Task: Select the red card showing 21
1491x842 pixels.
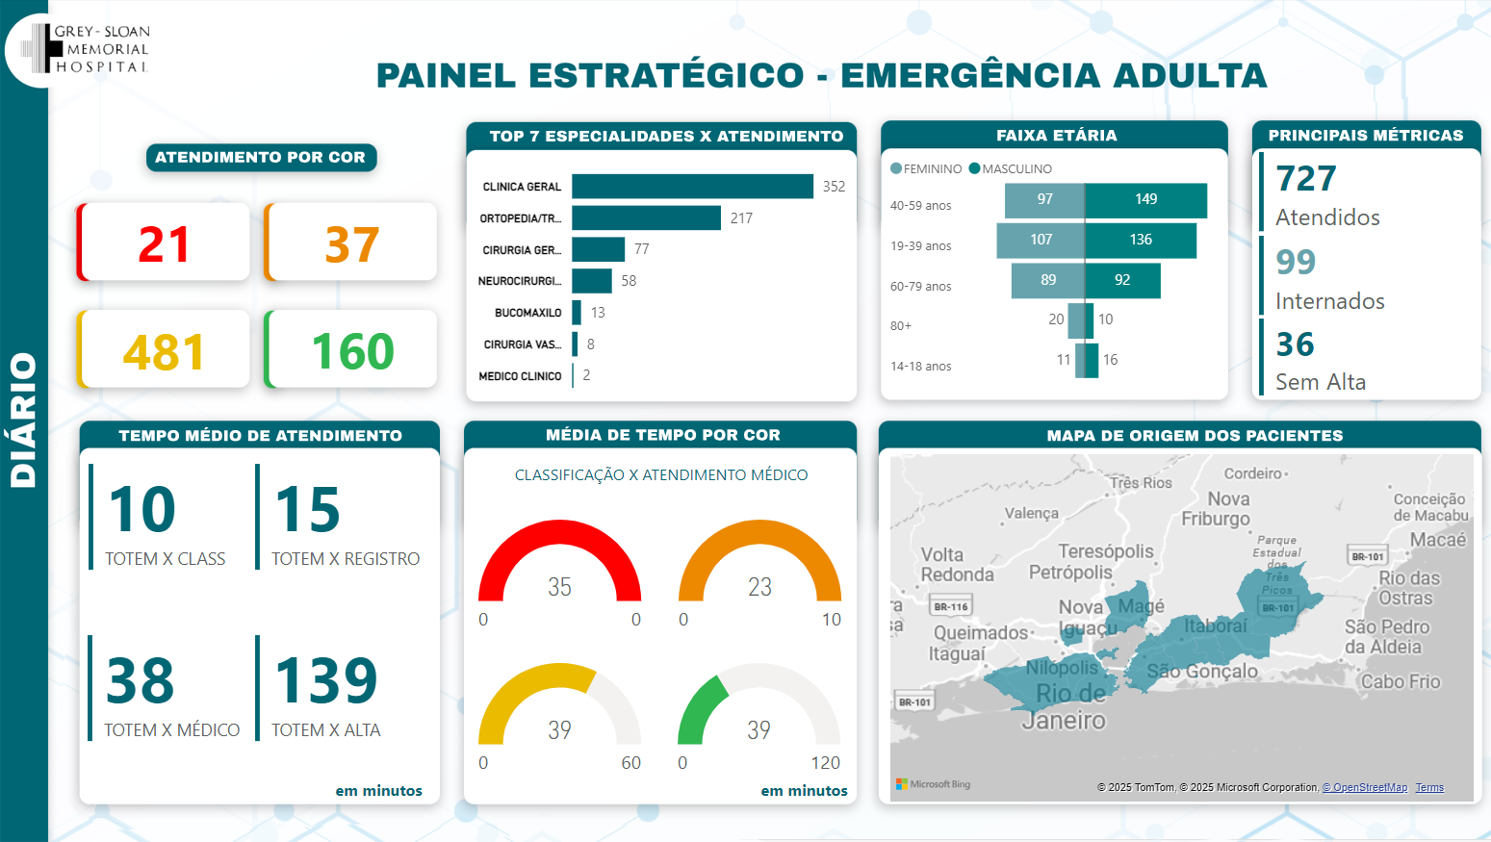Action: click(x=164, y=243)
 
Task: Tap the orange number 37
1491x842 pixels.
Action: click(x=351, y=244)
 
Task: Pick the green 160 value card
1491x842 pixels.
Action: click(x=352, y=350)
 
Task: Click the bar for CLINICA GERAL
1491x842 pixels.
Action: click(x=692, y=187)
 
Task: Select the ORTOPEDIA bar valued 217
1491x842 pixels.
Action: click(x=646, y=218)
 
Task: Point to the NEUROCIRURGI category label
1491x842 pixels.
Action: click(x=520, y=281)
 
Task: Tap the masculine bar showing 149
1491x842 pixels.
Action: click(x=1145, y=200)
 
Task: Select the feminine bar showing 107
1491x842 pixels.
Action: click(x=1041, y=240)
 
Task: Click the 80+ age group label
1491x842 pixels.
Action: click(x=901, y=326)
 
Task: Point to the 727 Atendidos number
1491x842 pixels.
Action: click(x=1306, y=179)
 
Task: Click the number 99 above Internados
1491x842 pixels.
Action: click(x=1296, y=262)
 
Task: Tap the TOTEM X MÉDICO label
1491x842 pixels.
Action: click(x=172, y=730)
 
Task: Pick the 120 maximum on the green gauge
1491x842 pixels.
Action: click(x=825, y=763)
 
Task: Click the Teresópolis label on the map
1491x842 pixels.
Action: click(x=1106, y=551)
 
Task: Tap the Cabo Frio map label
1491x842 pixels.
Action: click(x=1401, y=681)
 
